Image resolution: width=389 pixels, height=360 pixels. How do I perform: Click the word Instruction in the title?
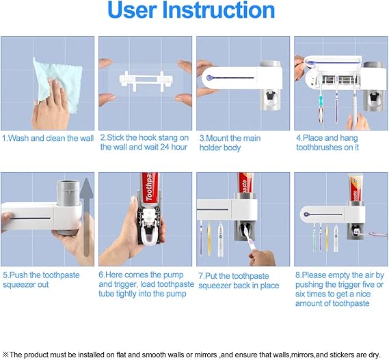(219, 10)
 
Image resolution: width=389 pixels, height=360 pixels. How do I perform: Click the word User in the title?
(132, 10)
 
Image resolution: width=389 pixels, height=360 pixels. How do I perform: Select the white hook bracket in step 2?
(146, 81)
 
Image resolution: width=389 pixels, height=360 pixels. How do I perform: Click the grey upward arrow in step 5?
(86, 217)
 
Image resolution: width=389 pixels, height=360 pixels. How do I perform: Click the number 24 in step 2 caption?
(165, 147)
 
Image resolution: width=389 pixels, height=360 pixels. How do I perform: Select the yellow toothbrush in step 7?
(209, 238)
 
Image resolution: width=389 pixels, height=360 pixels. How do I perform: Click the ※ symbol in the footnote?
(5, 355)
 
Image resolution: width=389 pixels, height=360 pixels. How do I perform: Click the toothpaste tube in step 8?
(356, 189)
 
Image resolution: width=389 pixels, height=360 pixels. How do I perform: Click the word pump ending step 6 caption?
(176, 294)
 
